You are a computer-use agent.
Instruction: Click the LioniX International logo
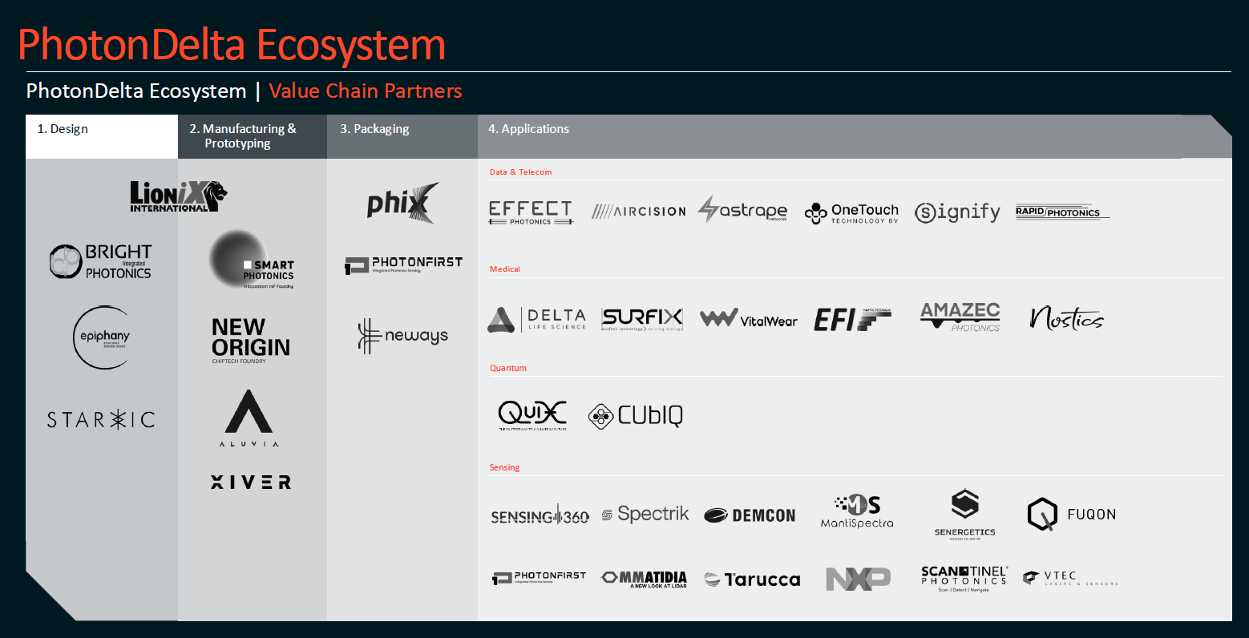(178, 196)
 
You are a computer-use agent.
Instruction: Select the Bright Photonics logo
(101, 262)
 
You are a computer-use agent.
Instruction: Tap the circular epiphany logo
(103, 337)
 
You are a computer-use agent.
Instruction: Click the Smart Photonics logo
(251, 261)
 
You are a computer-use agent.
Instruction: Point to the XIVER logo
(251, 482)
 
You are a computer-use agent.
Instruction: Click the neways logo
(402, 336)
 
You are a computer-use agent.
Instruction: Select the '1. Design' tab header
(63, 129)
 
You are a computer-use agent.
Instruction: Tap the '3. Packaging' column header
(374, 129)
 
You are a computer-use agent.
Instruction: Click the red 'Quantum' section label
(508, 368)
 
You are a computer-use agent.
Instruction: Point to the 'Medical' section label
(505, 269)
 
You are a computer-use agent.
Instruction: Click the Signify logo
(957, 212)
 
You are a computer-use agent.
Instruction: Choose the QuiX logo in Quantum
(532, 415)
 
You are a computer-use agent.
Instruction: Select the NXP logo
(858, 579)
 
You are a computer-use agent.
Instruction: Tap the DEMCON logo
(750, 515)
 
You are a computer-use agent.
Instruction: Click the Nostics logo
(1066, 319)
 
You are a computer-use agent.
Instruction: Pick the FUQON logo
(1071, 515)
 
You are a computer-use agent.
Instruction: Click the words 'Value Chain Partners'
(366, 91)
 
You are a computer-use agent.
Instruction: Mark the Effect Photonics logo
(531, 212)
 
